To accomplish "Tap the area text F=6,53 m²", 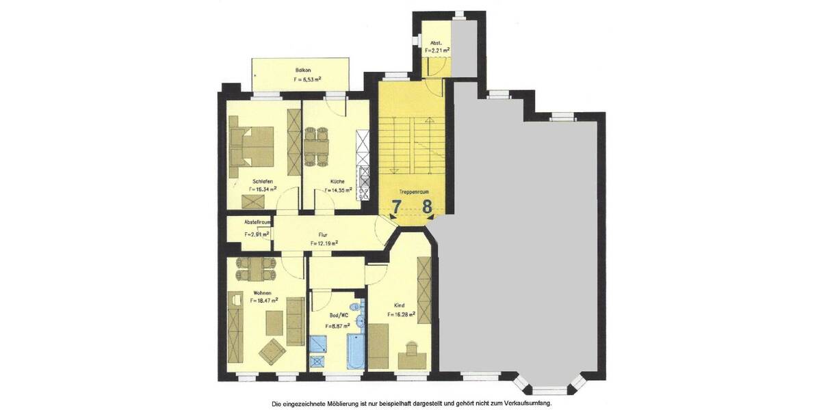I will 308,80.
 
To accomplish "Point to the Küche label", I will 337,182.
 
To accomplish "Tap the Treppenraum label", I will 415,193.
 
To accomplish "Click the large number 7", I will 396,207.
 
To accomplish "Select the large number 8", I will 428,207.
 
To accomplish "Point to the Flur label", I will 323,234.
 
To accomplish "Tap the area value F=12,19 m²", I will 324,243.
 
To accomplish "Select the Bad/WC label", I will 339,316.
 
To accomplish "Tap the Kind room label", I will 400,305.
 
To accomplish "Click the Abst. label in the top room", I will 436,42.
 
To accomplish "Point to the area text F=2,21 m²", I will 437,50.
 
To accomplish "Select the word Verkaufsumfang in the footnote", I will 526,403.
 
